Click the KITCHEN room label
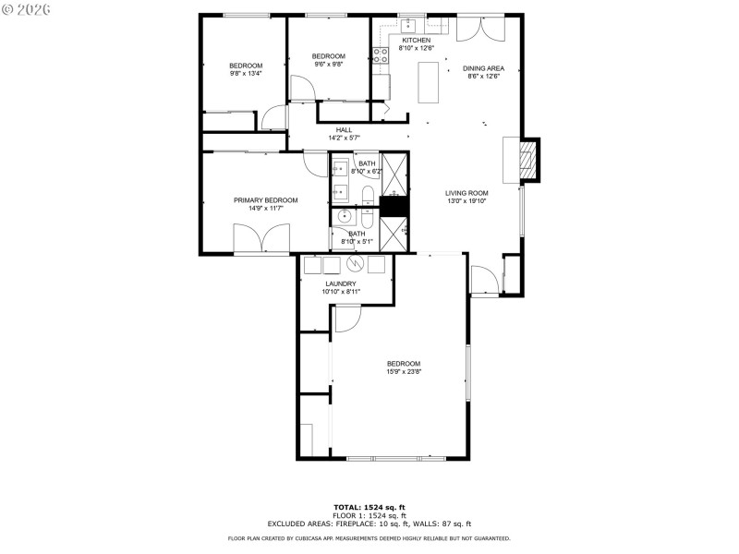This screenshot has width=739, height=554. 415,40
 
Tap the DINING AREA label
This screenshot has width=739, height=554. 483,69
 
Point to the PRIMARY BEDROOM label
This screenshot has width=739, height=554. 265,200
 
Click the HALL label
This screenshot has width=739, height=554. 344,130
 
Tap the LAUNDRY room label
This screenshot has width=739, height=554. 341,283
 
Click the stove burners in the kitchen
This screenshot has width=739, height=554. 380,54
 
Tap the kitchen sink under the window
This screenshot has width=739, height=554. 407,24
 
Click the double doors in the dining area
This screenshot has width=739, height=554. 480,29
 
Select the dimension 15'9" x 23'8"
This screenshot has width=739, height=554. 404,372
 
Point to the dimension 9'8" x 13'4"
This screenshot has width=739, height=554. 246,73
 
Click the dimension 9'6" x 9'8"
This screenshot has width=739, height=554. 330,65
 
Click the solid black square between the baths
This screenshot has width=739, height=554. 394,207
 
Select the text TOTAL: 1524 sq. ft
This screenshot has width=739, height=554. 369,507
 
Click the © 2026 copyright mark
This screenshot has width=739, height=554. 26,8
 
